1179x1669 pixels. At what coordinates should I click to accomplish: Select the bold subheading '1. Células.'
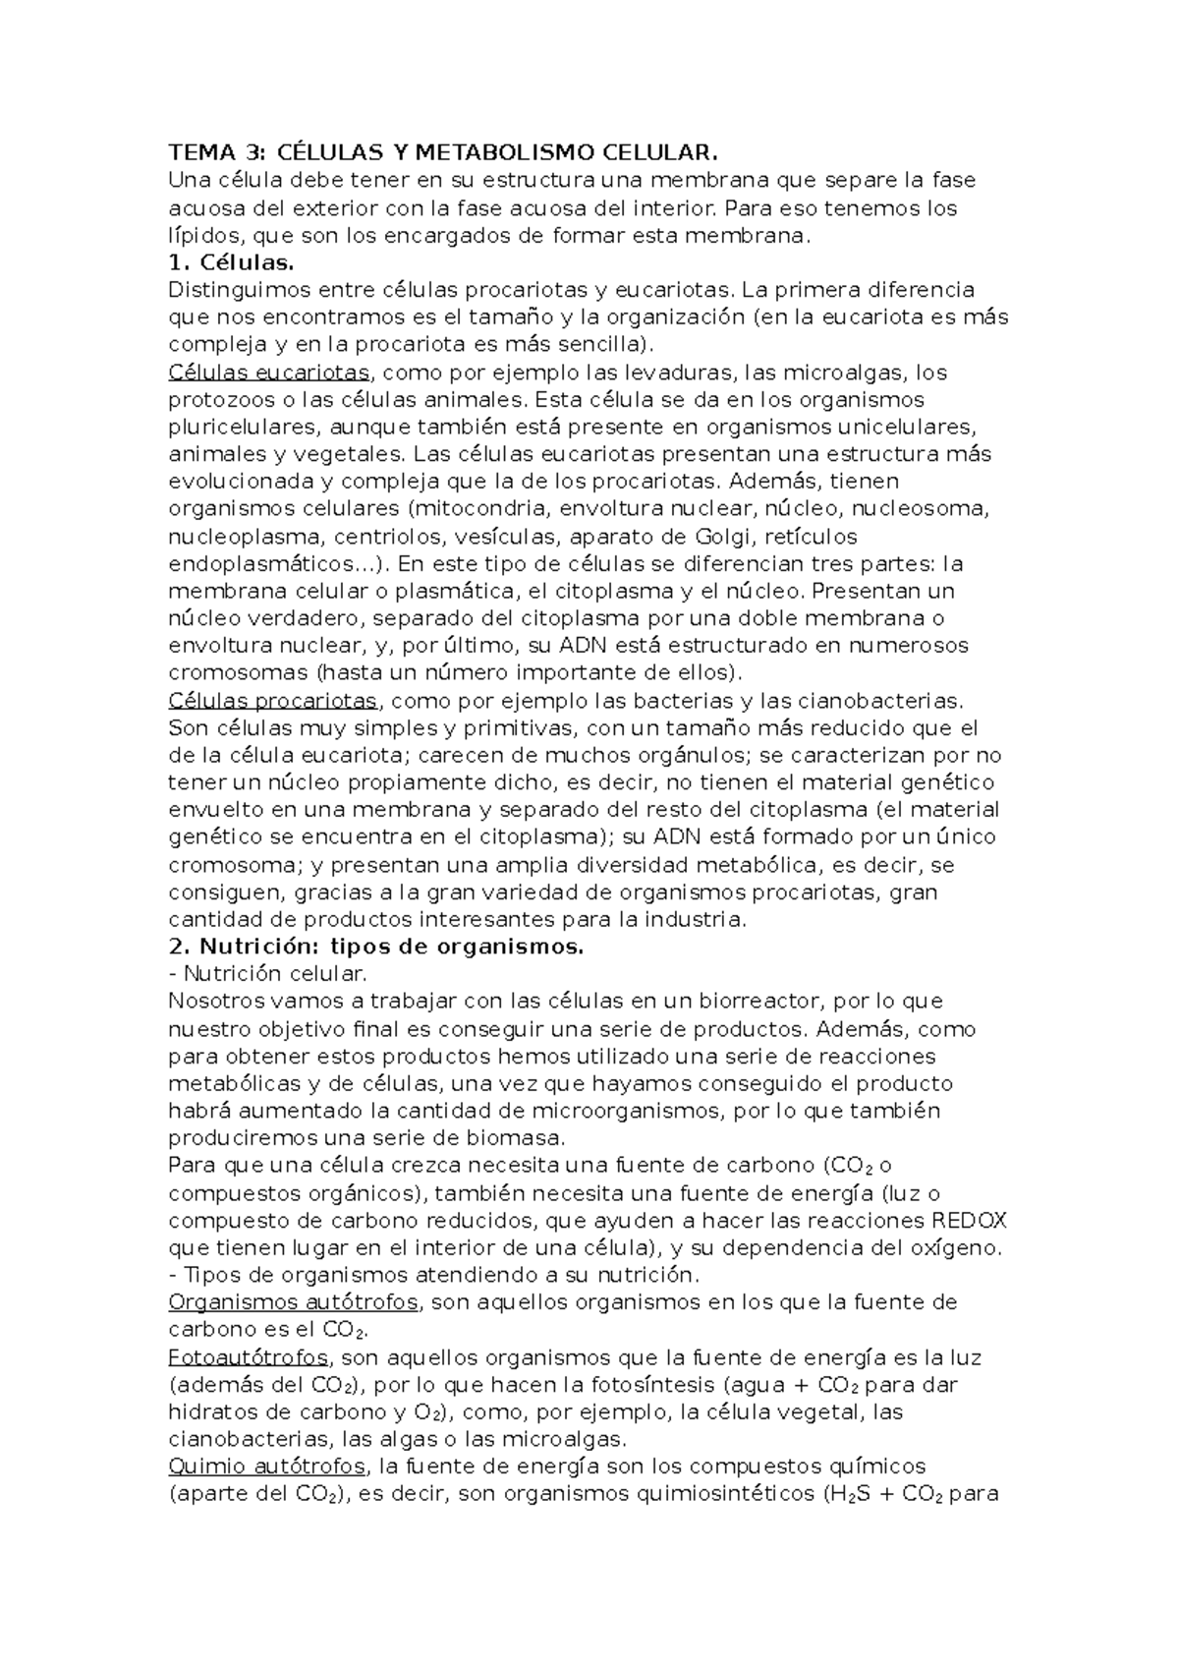(231, 262)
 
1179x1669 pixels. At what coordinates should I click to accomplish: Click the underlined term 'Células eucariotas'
(269, 373)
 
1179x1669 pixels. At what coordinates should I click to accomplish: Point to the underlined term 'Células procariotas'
(273, 701)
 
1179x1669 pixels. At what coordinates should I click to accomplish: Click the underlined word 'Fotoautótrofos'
(249, 1358)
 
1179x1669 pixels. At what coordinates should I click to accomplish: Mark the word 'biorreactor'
(748, 1002)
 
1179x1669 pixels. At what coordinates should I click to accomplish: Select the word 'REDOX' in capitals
(968, 1221)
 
